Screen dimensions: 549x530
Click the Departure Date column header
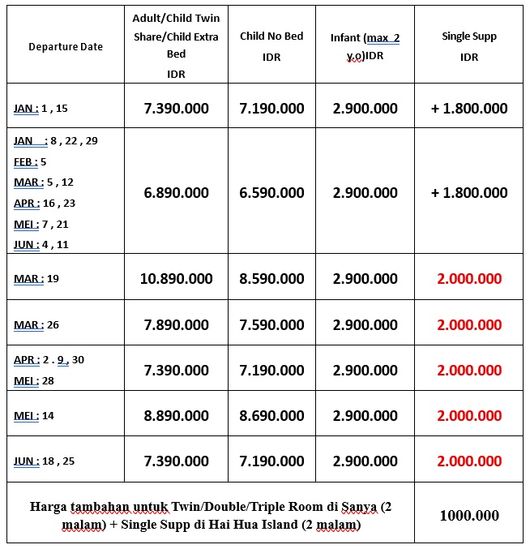click(x=65, y=47)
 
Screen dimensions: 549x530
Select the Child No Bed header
click(x=271, y=47)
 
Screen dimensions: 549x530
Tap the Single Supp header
click(x=469, y=47)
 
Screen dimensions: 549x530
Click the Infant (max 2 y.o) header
click(x=365, y=47)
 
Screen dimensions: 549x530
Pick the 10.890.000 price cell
click(x=176, y=279)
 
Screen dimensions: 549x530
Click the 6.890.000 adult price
click(x=176, y=193)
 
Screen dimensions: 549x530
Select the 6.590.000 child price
click(x=271, y=193)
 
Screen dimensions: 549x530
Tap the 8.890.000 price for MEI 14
click(x=176, y=415)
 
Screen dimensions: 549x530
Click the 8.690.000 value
click(x=271, y=415)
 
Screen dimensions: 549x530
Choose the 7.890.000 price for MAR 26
click(x=176, y=325)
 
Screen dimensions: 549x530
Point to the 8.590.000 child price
click(x=271, y=279)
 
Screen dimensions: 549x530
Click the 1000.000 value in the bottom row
click(x=469, y=516)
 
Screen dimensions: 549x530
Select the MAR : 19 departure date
click(x=36, y=279)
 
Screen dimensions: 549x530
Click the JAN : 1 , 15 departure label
click(x=41, y=108)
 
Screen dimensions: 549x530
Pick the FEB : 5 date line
click(x=30, y=161)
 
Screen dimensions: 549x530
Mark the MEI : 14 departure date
click(x=34, y=416)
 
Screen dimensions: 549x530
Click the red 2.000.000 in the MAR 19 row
click(x=469, y=279)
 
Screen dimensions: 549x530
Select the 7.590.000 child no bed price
click(x=271, y=325)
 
